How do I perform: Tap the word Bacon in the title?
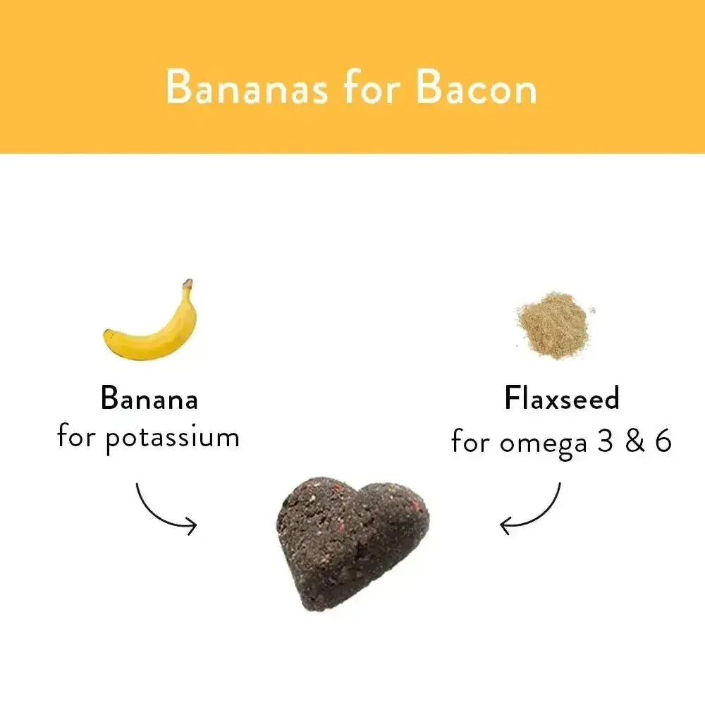click(476, 88)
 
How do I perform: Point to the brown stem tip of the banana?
click(188, 283)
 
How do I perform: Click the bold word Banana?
click(149, 399)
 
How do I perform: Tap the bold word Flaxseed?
click(562, 399)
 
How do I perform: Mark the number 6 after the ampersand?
click(662, 441)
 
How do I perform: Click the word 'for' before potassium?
click(77, 437)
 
